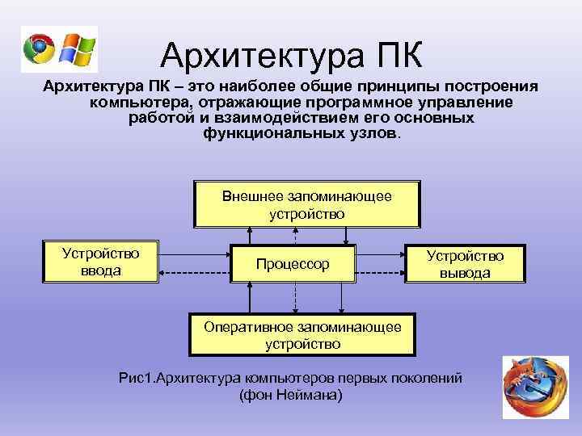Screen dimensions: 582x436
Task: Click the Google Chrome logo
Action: [40, 49]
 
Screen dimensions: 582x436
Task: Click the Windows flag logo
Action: [78, 49]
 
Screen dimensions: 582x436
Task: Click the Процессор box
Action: [293, 264]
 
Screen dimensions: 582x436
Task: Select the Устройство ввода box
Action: [101, 262]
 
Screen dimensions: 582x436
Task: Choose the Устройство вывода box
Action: [465, 264]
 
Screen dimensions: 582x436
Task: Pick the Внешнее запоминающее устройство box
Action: [306, 204]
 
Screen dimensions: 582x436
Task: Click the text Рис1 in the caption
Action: [134, 379]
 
